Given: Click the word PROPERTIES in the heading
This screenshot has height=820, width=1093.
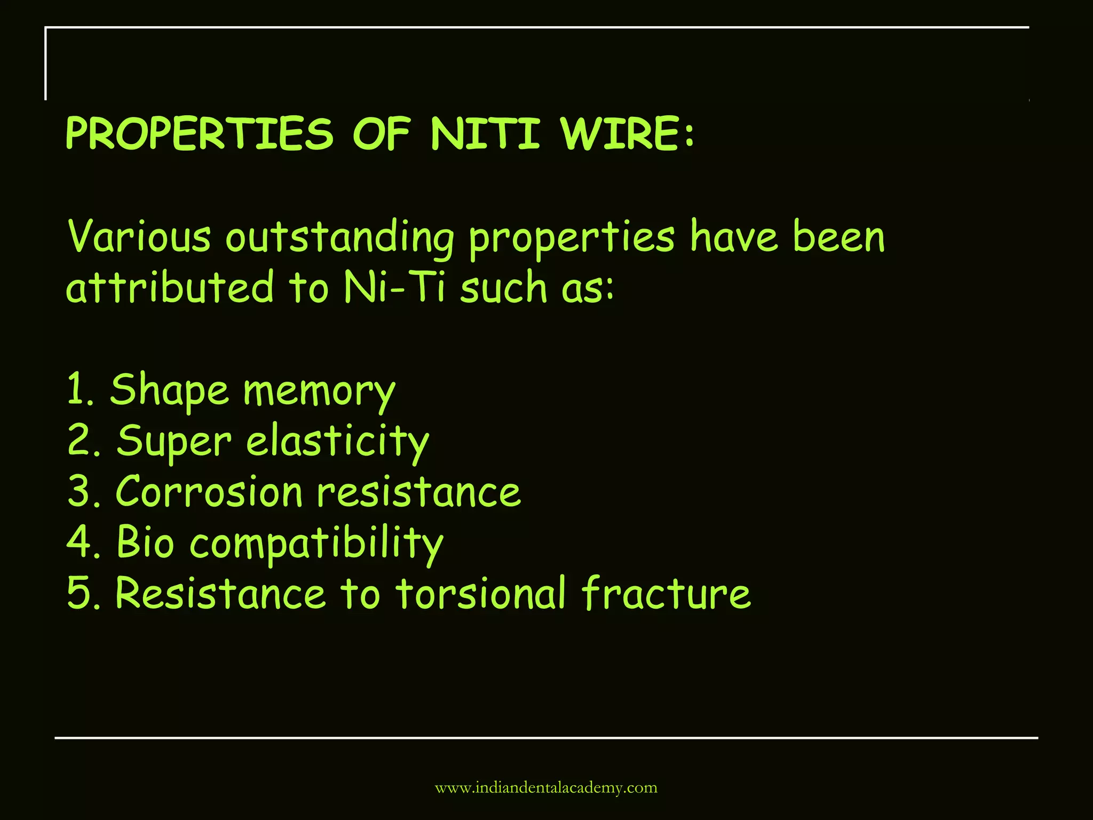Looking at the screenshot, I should tap(199, 133).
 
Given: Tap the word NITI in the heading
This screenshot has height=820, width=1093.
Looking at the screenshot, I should tap(485, 133).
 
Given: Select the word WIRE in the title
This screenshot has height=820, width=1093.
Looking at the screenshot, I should tap(620, 133).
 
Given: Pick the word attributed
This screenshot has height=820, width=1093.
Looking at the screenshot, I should tap(170, 287).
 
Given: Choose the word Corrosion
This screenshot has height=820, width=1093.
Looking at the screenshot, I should tap(209, 492).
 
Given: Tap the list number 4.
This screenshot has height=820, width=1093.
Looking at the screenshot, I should tap(78, 542).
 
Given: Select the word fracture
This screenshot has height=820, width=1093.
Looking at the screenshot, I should tap(666, 593).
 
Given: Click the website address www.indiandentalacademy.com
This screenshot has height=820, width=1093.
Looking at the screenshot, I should tap(546, 788).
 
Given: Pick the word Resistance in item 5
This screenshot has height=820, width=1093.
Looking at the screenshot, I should tap(220, 593).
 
